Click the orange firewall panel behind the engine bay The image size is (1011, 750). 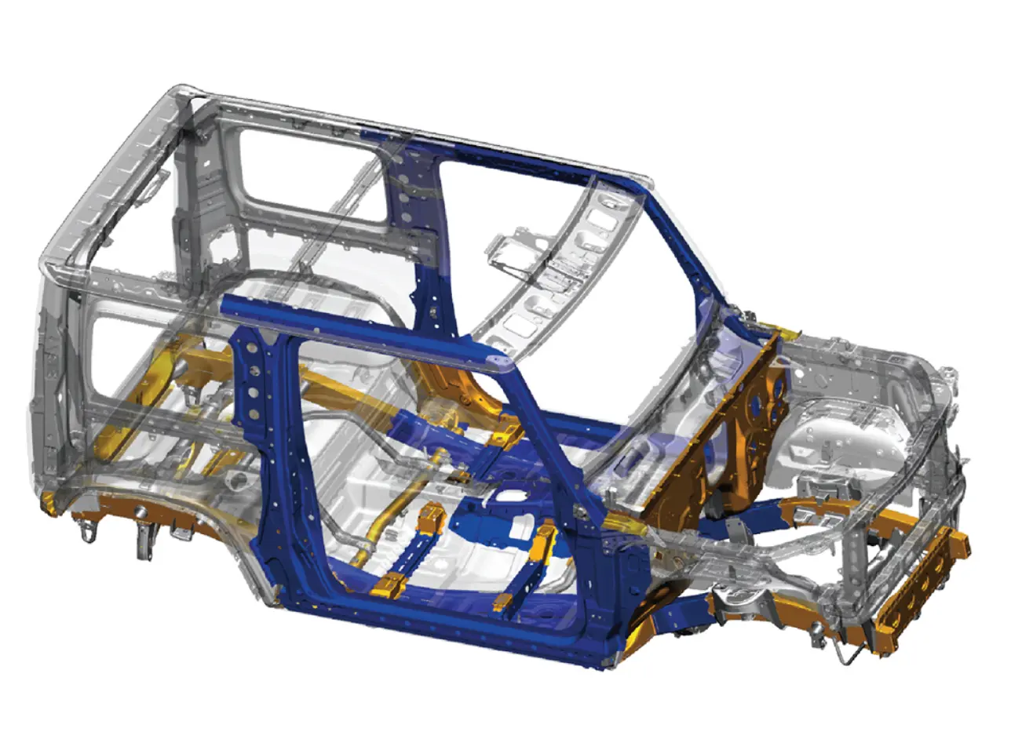718,455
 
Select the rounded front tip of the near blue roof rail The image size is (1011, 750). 498,360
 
